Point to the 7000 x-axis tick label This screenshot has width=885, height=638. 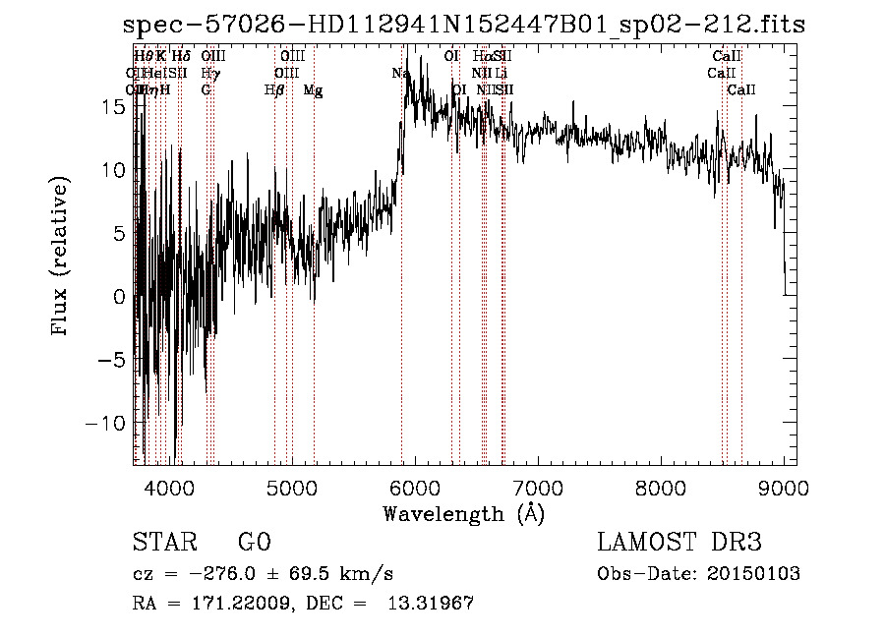pos(537,488)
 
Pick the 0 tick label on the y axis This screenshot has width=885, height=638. pos(121,296)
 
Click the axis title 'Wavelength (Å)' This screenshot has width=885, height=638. pos(463,513)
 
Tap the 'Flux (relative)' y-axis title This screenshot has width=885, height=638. pos(61,259)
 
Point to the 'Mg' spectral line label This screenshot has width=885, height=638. pos(313,90)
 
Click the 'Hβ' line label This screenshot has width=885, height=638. pos(274,90)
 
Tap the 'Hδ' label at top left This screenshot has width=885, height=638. pos(181,57)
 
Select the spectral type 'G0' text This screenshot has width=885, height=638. pos(255,543)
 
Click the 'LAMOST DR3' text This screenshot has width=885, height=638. pos(679,543)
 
